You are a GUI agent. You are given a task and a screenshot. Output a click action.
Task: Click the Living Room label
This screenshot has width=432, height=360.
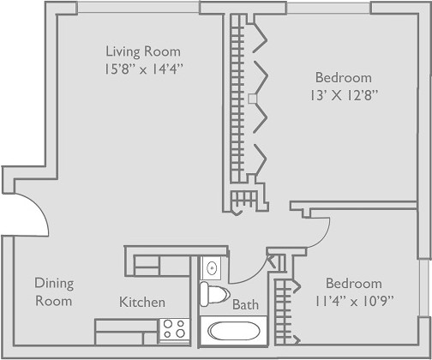pyautogui.click(x=143, y=51)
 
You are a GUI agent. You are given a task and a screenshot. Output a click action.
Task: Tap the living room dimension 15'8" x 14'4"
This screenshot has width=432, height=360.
pyautogui.click(x=143, y=69)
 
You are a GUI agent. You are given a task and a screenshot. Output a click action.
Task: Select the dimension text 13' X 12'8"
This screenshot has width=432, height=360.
pyautogui.click(x=345, y=95)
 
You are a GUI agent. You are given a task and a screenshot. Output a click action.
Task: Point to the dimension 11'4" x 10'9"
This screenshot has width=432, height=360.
pyautogui.click(x=354, y=301)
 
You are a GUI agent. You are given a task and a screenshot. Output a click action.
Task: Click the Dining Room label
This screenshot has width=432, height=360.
pyautogui.click(x=54, y=292)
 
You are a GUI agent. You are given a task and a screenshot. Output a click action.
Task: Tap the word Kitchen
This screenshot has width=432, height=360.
pyautogui.click(x=142, y=302)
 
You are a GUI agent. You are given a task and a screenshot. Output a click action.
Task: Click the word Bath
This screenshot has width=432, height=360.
pyautogui.click(x=245, y=304)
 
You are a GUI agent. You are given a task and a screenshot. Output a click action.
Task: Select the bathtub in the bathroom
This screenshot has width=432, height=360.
pyautogui.click(x=234, y=331)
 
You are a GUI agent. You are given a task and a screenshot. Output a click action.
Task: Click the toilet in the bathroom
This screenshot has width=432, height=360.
pyautogui.click(x=214, y=294)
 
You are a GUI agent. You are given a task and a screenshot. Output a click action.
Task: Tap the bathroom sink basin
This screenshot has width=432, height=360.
pyautogui.click(x=212, y=268)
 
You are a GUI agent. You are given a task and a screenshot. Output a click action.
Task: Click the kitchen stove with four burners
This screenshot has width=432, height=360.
pyautogui.click(x=174, y=329)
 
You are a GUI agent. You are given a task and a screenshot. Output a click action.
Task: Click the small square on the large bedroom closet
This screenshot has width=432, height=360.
pyautogui.click(x=253, y=99)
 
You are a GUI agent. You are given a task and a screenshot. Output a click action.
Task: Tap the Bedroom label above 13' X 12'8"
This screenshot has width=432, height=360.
pyautogui.click(x=344, y=78)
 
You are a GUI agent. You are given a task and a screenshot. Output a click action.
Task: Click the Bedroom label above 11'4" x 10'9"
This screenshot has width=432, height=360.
pyautogui.click(x=354, y=284)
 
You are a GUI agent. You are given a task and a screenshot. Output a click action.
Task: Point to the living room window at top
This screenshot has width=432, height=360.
pyautogui.click(x=139, y=8)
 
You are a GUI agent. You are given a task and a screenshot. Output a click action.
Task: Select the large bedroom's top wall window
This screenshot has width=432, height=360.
pyautogui.click(x=328, y=8)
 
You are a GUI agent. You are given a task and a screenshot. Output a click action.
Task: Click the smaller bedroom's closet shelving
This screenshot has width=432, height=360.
pyautogui.click(x=283, y=312)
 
